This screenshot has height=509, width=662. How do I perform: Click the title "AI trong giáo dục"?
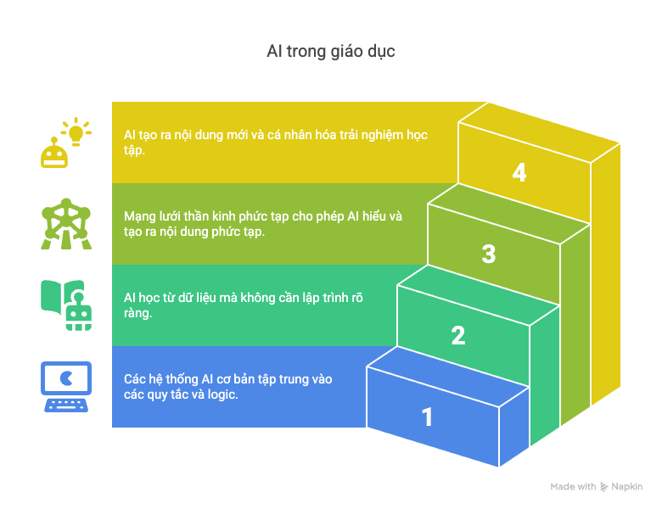point(331,52)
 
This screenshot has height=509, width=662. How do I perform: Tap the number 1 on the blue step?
point(427,417)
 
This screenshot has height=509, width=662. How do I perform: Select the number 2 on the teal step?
point(458,335)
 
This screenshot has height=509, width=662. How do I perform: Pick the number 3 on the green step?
point(489,254)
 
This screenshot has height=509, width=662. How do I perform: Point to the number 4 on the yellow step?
point(519,172)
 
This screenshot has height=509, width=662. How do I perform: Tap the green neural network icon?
point(63,224)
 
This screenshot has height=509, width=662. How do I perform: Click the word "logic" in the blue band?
point(220,394)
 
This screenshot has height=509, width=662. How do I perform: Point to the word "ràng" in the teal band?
point(139,313)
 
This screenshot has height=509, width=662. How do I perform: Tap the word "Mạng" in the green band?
point(141,216)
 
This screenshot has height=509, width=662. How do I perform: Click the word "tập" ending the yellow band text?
point(133,151)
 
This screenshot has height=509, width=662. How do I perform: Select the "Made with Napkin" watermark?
point(596,487)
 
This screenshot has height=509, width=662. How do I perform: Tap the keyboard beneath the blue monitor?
point(66,405)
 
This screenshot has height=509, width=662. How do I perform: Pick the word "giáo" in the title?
point(337,52)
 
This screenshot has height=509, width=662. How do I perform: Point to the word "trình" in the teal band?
point(326,298)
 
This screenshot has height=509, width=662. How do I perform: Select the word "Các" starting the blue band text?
point(136,379)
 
